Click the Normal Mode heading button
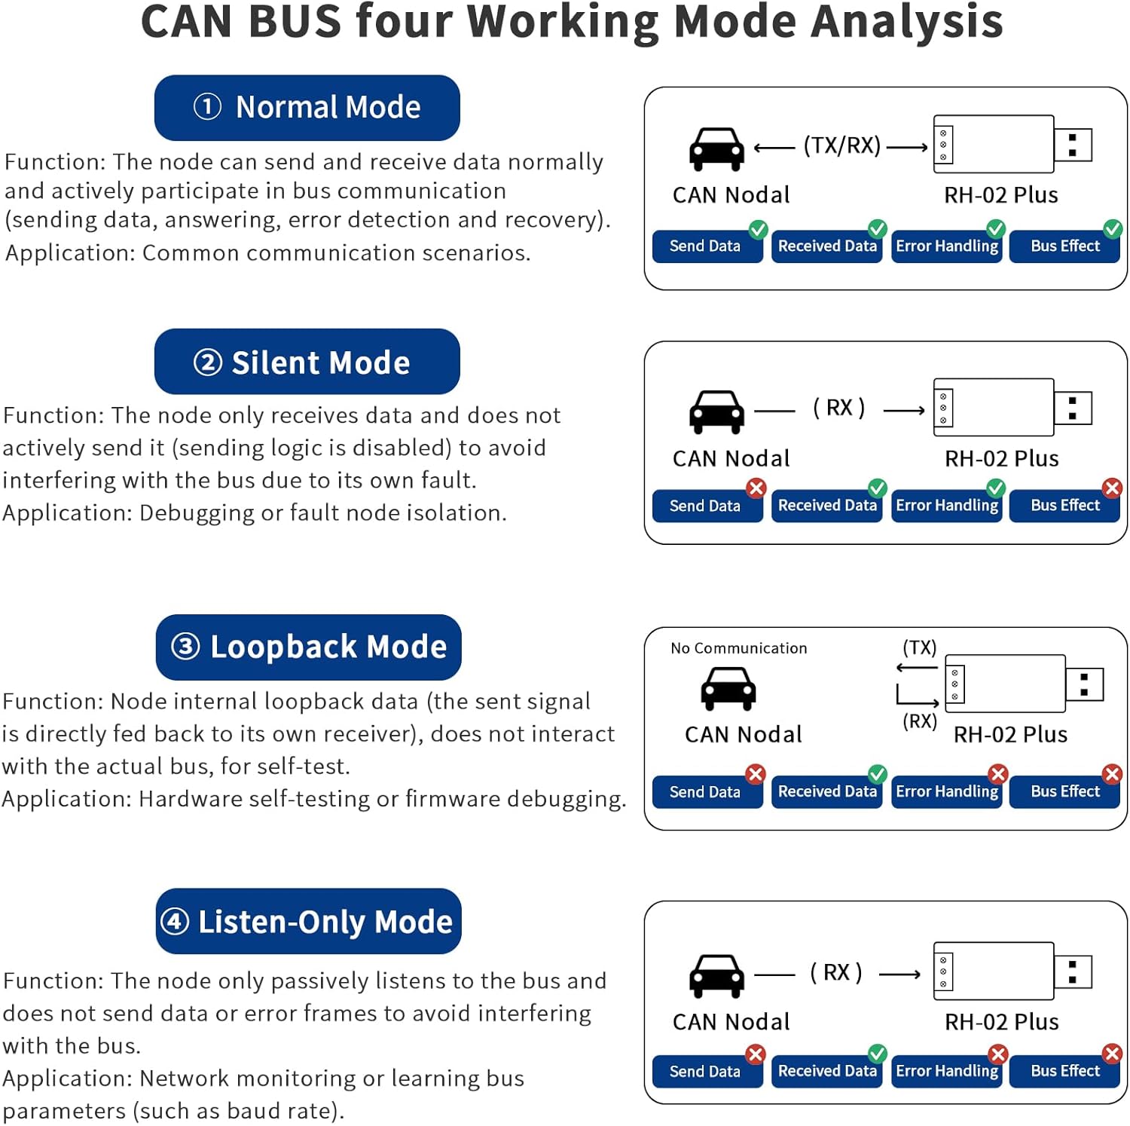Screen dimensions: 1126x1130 (307, 108)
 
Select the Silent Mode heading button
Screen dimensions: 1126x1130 (307, 362)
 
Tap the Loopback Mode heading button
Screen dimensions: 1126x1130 (308, 647)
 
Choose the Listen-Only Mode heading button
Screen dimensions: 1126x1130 (308, 921)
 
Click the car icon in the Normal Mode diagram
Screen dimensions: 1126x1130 (716, 148)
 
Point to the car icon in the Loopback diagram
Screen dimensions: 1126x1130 (728, 688)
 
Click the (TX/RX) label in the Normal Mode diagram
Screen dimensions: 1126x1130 (841, 145)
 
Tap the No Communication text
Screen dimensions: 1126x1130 (738, 648)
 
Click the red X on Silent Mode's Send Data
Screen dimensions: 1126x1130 (756, 488)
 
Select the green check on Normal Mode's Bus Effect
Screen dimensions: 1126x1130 (1113, 228)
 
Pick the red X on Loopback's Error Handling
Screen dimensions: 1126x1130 (998, 774)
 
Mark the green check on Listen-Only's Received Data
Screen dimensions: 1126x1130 (878, 1053)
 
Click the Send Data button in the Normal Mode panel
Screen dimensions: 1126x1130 (706, 246)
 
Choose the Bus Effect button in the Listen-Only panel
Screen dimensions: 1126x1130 (1064, 1071)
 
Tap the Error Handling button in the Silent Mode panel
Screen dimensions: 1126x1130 (946, 506)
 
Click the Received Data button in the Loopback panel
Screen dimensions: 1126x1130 (826, 791)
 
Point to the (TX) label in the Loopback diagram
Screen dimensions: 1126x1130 (919, 647)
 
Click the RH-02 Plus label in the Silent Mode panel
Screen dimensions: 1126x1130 (1001, 458)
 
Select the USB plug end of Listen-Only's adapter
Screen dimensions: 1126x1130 (1073, 971)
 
